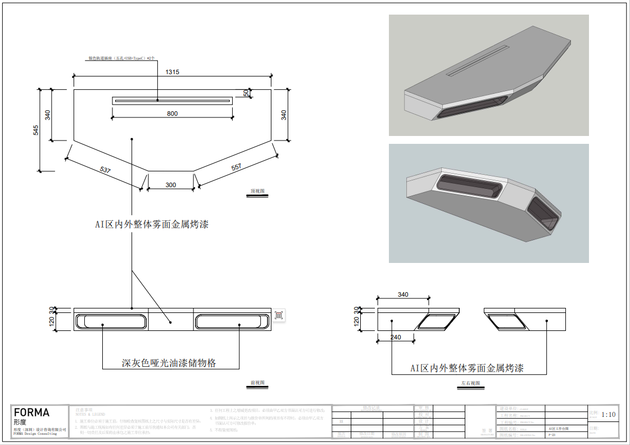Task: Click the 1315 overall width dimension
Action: tap(173, 72)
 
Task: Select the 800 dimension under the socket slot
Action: tap(173, 113)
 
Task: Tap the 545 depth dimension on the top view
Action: tap(36, 130)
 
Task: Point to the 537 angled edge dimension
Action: tap(105, 169)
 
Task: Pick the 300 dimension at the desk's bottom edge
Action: tap(170, 185)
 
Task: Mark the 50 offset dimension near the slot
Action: tap(246, 93)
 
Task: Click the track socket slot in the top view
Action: tap(173, 101)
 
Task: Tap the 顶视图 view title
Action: tap(257, 192)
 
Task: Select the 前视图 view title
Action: tap(257, 383)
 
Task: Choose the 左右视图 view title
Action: tap(471, 383)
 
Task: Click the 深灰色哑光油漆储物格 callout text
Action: tap(169, 363)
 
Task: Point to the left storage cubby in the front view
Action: tap(111, 322)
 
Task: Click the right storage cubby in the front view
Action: tap(231, 322)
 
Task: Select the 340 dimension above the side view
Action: tap(403, 294)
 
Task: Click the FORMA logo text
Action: tap(31, 412)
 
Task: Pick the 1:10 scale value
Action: tap(609, 415)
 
